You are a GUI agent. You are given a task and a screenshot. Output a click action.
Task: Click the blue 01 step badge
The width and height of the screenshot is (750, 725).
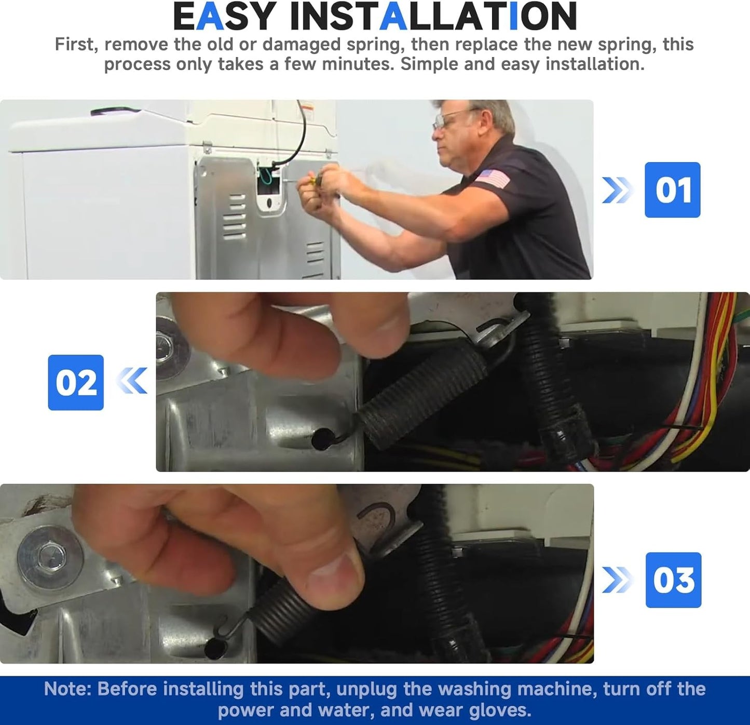click(x=673, y=190)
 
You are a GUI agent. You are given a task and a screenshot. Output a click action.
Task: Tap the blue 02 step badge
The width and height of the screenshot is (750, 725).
click(x=76, y=383)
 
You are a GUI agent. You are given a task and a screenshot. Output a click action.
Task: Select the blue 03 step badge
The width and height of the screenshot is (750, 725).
click(x=673, y=580)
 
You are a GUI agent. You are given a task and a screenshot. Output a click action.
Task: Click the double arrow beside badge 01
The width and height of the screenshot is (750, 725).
click(x=617, y=190)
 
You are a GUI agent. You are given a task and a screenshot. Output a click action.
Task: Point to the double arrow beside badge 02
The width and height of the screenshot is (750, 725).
click(x=131, y=381)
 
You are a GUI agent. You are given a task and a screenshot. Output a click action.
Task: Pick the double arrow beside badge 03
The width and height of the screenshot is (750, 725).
click(x=617, y=580)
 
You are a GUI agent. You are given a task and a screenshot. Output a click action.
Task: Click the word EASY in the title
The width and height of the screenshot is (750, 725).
click(x=224, y=16)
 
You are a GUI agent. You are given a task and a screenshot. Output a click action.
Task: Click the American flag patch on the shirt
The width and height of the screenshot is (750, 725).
click(x=493, y=179)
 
